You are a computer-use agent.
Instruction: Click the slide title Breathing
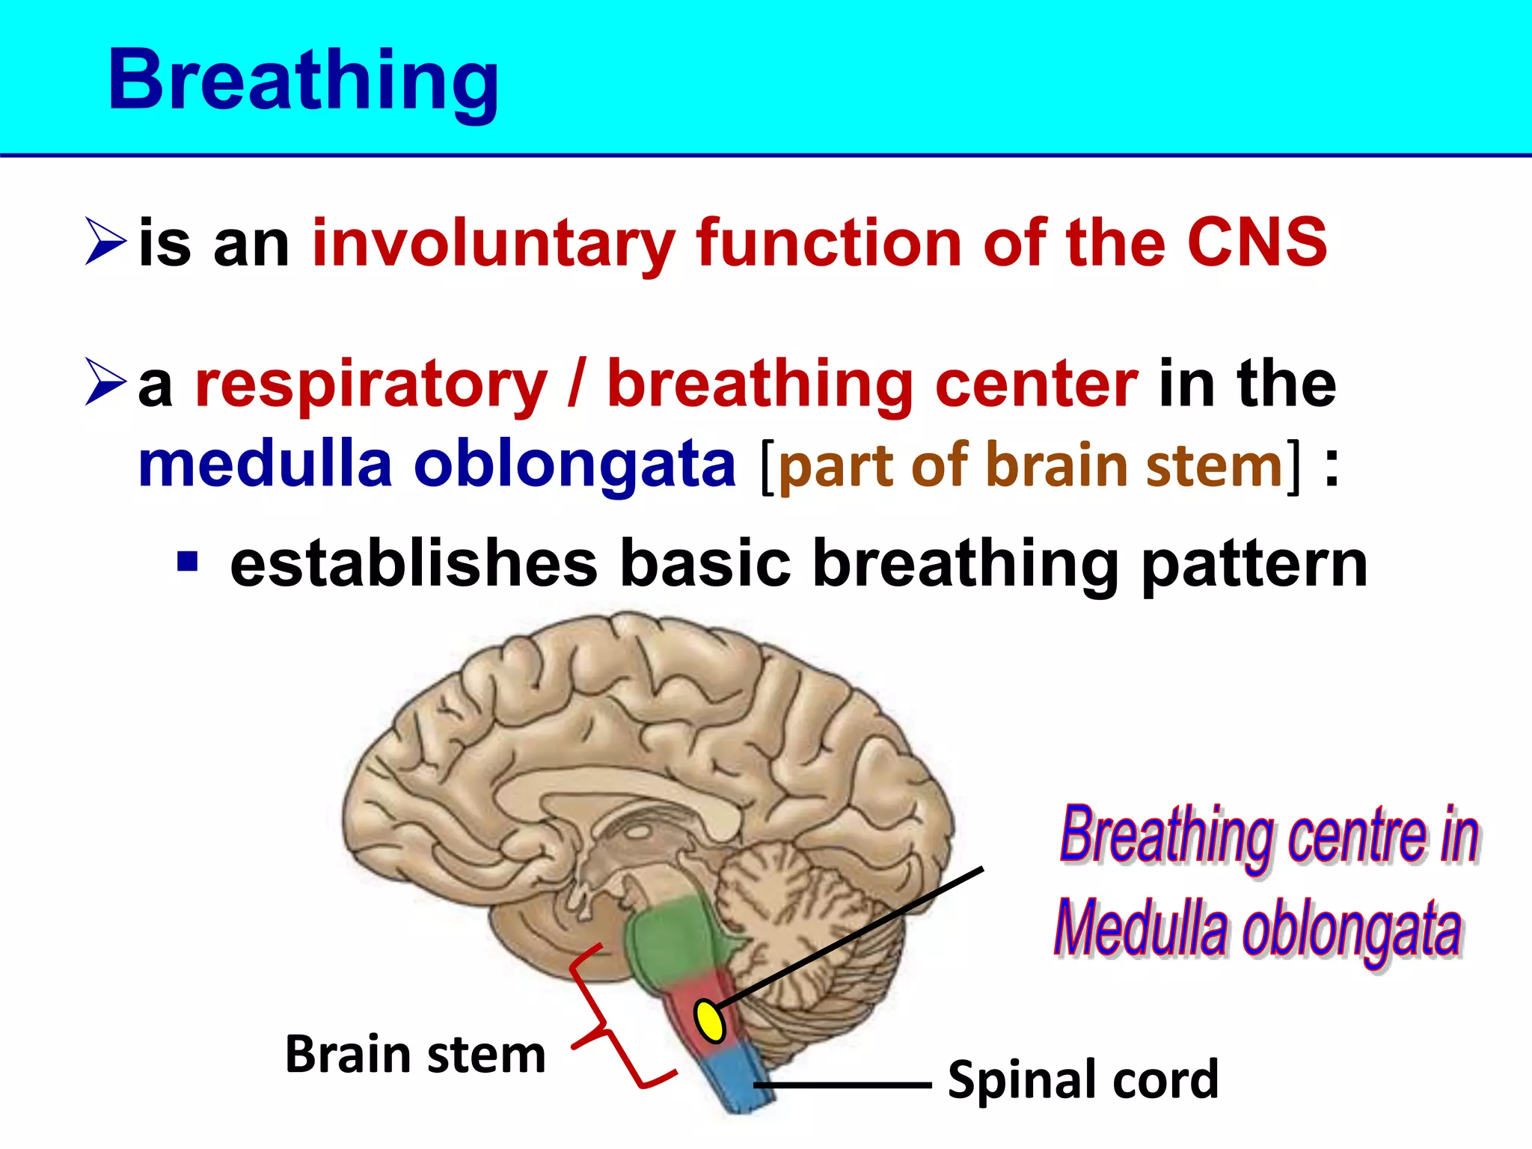point(303,81)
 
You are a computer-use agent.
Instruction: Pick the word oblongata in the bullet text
point(574,465)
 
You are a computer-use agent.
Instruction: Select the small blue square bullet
point(187,561)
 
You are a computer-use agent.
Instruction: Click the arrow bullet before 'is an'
point(105,241)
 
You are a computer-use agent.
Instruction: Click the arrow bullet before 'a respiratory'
point(105,382)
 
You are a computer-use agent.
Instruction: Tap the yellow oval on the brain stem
point(709,1020)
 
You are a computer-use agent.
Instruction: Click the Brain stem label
point(415,1055)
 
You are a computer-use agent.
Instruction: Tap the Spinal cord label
point(1082,1079)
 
